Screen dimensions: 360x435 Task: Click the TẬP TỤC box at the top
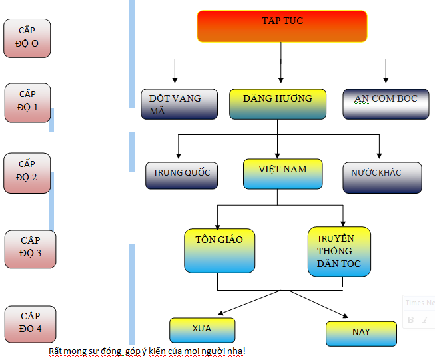(x=282, y=26)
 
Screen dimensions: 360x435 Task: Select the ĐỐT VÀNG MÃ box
(x=180, y=104)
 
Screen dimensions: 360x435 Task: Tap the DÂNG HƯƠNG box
(x=277, y=104)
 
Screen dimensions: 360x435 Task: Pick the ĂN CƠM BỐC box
(x=386, y=104)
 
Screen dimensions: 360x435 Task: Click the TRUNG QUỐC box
(x=181, y=174)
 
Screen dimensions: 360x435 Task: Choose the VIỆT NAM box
(x=283, y=174)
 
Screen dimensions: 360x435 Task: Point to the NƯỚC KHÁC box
(x=382, y=177)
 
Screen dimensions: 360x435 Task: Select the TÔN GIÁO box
(x=220, y=251)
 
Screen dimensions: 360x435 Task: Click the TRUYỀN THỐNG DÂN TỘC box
(x=339, y=252)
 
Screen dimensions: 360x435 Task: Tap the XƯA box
(x=203, y=329)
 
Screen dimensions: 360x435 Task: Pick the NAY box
(x=361, y=333)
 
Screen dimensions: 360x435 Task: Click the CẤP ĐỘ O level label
(x=27, y=38)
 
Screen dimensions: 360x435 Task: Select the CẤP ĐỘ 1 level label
(x=27, y=102)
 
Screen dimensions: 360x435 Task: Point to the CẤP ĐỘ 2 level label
(x=27, y=172)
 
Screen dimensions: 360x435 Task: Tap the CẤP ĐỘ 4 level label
(x=30, y=324)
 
